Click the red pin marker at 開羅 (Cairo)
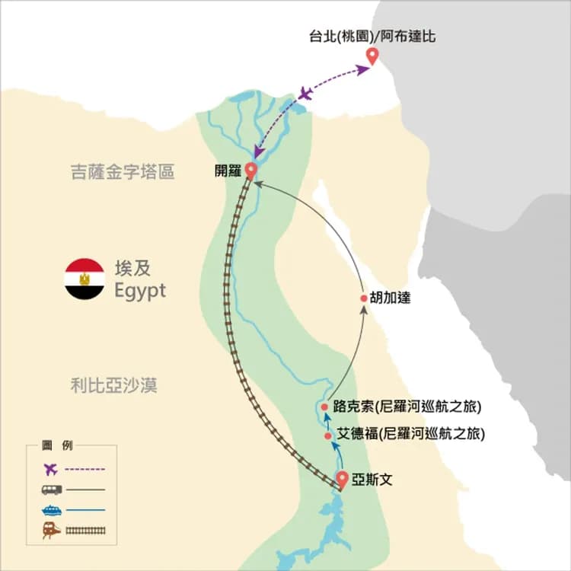click(x=251, y=171)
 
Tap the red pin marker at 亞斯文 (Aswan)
click(x=343, y=479)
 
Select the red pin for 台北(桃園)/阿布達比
click(x=372, y=55)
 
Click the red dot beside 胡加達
click(x=364, y=298)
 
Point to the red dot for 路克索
click(x=324, y=407)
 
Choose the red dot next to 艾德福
click(x=328, y=436)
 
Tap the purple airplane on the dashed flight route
click(x=306, y=94)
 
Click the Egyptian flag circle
click(x=85, y=279)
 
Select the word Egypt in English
click(x=139, y=291)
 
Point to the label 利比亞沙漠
click(x=110, y=386)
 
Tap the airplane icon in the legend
click(x=51, y=469)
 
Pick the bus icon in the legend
click(x=52, y=490)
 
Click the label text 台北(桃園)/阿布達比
click(x=373, y=36)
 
